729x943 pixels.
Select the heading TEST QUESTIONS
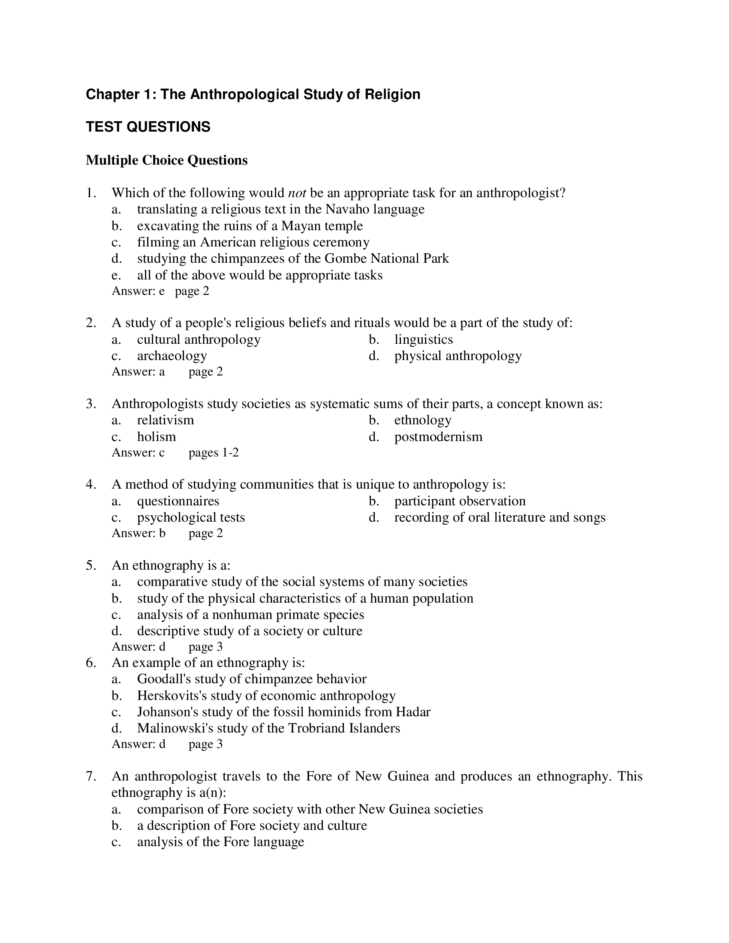click(148, 127)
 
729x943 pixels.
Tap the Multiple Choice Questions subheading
click(167, 160)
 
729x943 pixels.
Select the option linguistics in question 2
click(423, 339)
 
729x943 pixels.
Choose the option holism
click(157, 436)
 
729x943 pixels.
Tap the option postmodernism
click(438, 436)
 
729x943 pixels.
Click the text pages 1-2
click(214, 453)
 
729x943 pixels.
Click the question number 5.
click(90, 565)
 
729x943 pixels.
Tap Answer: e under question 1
click(138, 291)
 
